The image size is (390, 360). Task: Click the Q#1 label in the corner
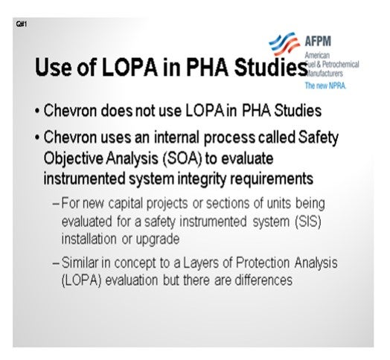(22, 24)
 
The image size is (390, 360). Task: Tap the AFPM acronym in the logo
(318, 41)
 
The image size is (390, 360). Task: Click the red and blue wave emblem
(284, 43)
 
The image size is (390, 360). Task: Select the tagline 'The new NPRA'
(325, 86)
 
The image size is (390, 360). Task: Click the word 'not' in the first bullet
(145, 111)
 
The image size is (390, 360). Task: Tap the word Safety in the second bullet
(318, 138)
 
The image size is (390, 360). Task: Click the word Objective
(73, 159)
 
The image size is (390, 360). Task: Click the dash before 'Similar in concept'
(56, 264)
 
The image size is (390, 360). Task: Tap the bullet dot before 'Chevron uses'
(37, 138)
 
